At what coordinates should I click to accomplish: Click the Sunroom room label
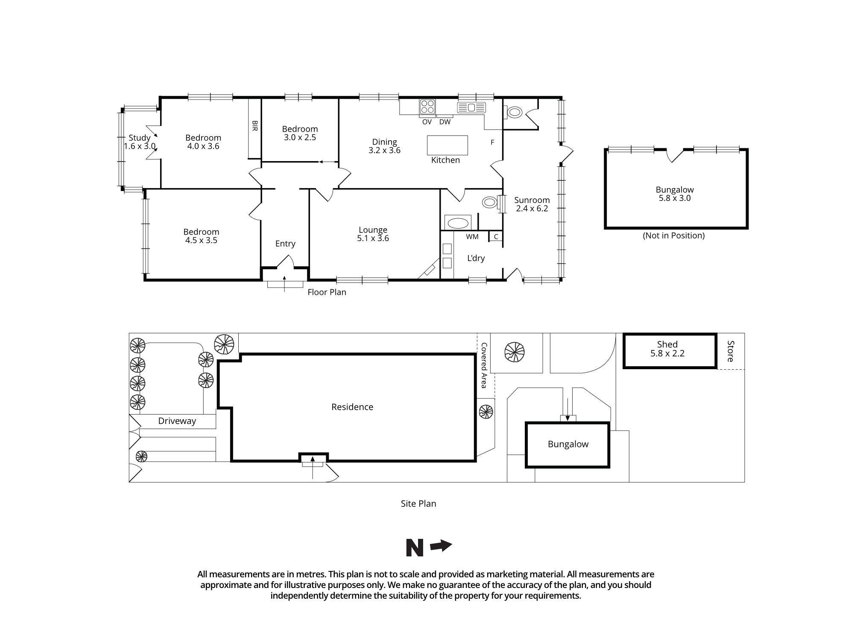pos(532,200)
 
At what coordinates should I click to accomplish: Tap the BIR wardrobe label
pos(255,126)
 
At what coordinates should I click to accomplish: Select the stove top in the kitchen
pos(427,106)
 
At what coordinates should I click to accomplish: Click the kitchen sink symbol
pos(471,107)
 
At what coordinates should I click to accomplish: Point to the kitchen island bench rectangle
pos(447,145)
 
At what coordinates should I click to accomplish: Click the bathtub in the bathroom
pos(457,223)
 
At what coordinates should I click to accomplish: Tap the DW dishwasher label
pos(445,122)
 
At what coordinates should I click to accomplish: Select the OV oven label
pos(427,122)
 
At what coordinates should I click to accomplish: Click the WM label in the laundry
pos(472,237)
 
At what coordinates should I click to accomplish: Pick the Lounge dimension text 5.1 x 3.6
pos(373,238)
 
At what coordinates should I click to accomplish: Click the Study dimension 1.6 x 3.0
pos(140,146)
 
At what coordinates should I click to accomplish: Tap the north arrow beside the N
pos(441,546)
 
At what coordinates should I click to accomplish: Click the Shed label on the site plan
pos(667,344)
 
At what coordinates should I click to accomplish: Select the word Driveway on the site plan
pos(177,421)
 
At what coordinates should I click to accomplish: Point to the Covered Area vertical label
pos(484,365)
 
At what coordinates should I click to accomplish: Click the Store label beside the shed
pos(730,351)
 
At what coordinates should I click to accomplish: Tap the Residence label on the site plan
pos(352,407)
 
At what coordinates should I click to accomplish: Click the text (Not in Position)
pos(673,235)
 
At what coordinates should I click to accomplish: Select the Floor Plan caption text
pos(327,292)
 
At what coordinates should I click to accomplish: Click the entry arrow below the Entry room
pos(285,283)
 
